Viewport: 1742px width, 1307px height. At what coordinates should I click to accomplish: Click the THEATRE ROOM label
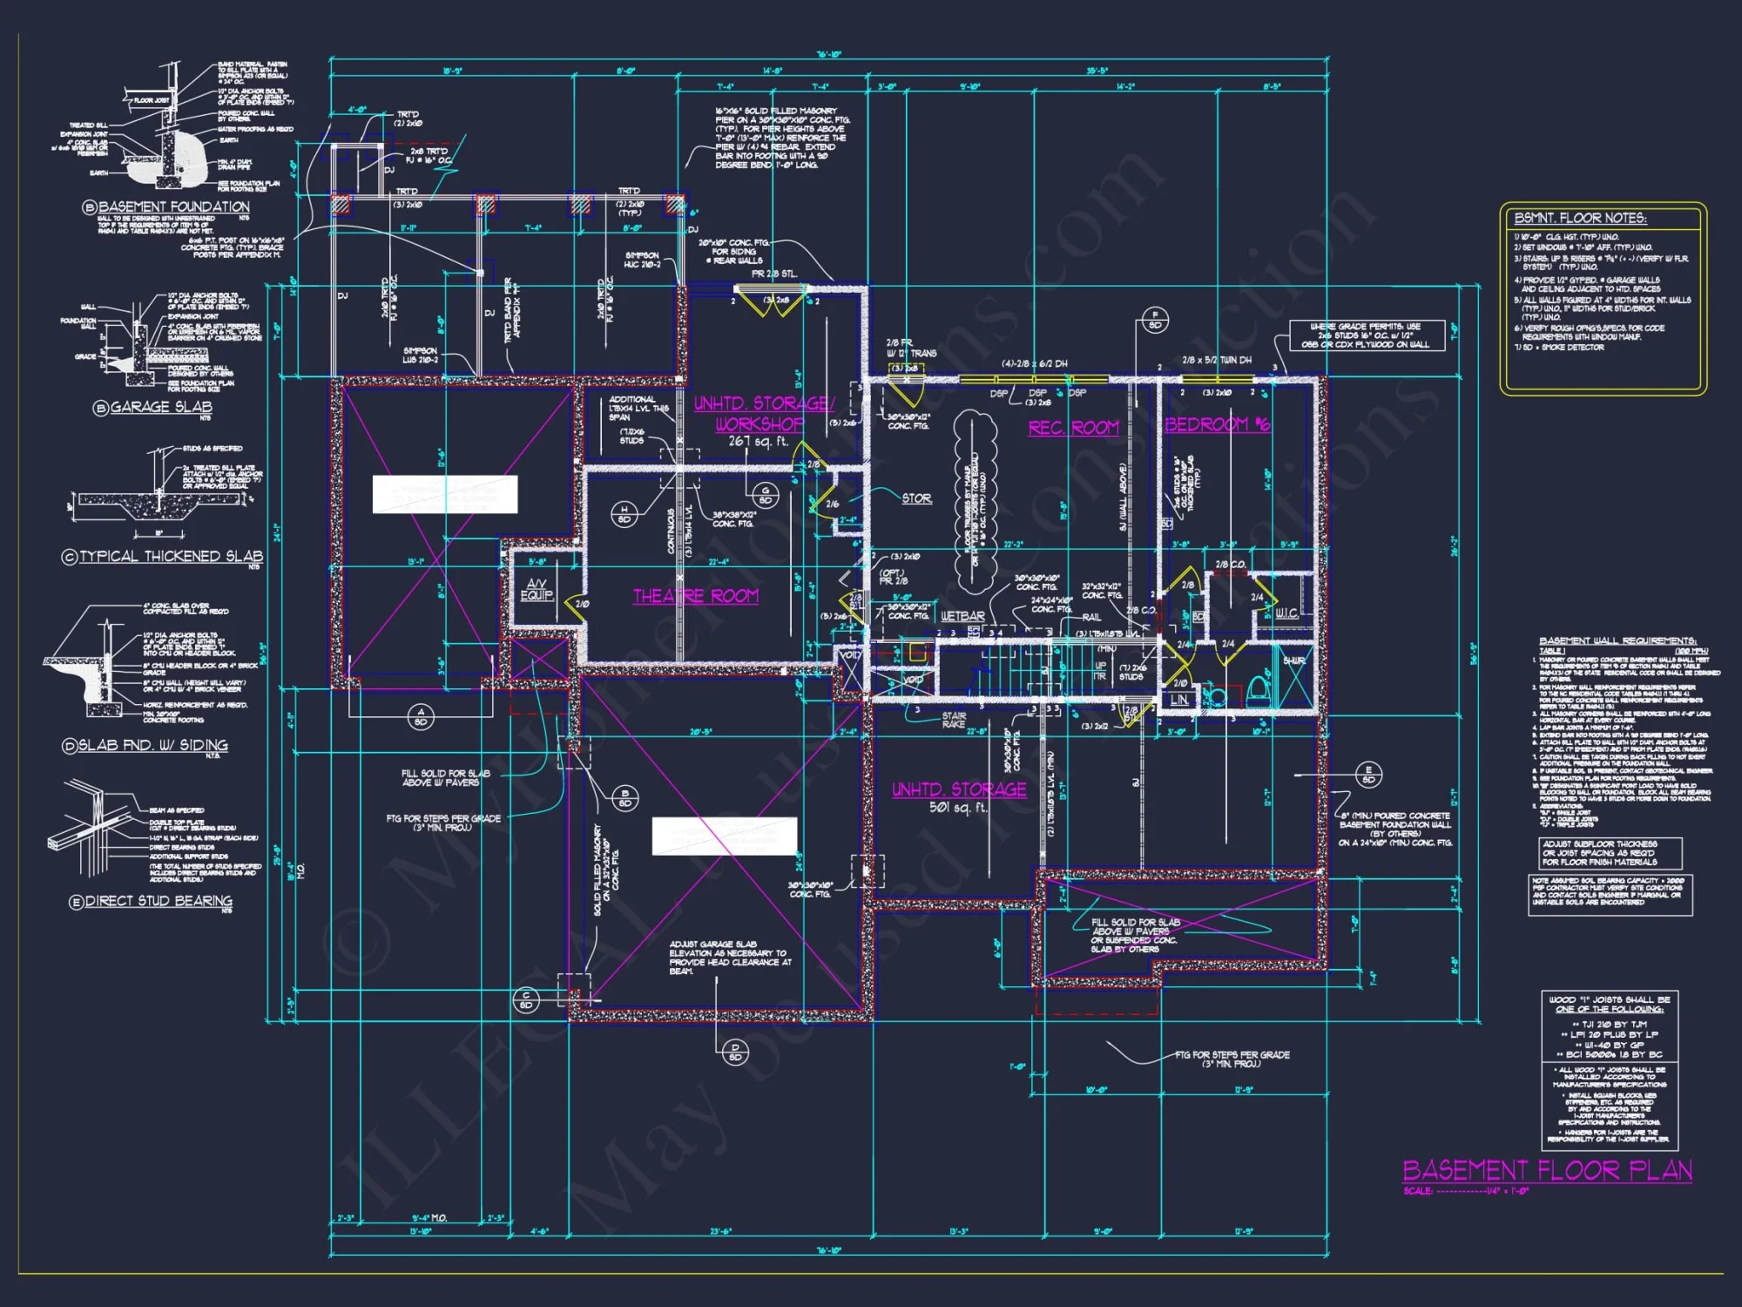click(695, 596)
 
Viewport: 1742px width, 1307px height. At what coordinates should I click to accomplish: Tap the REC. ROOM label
click(1073, 428)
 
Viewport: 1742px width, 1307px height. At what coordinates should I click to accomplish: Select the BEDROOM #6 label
click(1217, 424)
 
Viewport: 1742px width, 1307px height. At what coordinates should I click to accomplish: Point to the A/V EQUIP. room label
click(537, 589)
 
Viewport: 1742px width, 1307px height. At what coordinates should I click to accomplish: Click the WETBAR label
click(962, 616)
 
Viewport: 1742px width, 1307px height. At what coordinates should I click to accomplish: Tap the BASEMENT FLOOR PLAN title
click(1547, 1170)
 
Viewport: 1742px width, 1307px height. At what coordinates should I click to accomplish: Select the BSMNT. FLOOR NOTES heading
click(1580, 218)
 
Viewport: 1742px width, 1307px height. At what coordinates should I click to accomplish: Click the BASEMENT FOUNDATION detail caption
click(173, 207)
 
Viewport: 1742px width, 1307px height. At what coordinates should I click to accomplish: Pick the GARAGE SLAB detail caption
click(160, 407)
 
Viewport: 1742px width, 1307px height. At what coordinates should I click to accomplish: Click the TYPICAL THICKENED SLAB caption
click(171, 556)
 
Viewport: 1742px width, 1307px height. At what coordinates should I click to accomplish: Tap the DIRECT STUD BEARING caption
click(159, 901)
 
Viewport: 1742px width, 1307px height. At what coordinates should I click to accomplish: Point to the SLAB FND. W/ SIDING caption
click(152, 745)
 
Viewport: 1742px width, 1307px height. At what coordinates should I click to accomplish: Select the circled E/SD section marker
click(1368, 775)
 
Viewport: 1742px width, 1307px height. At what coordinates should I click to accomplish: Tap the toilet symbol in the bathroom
click(1257, 691)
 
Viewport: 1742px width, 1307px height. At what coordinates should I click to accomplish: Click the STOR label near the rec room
click(916, 498)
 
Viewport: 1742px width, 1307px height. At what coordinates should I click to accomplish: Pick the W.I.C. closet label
click(1286, 613)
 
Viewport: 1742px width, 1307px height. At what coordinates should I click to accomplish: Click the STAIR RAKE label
click(954, 720)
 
